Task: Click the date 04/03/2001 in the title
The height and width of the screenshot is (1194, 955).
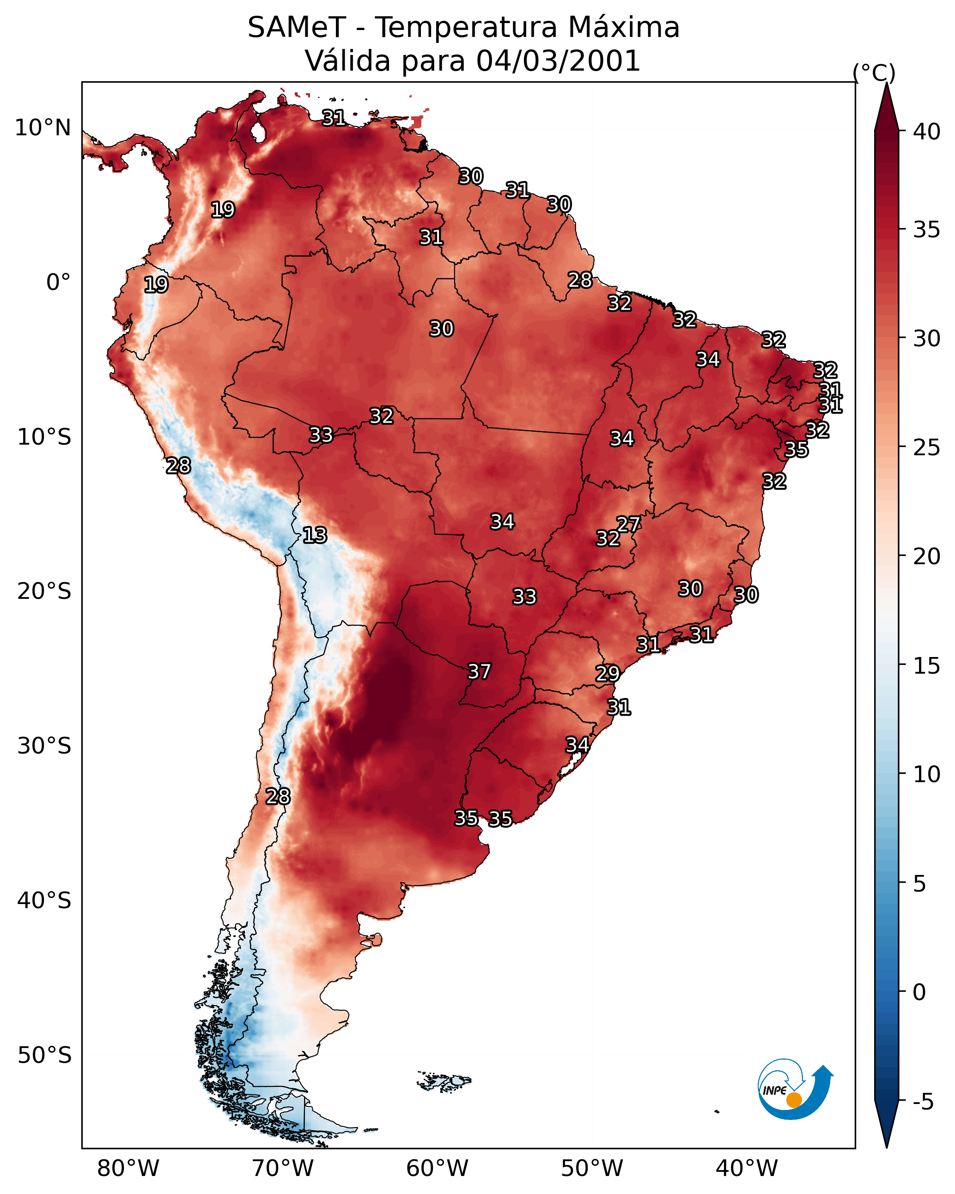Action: (x=558, y=61)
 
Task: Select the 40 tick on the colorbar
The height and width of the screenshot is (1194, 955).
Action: (x=927, y=131)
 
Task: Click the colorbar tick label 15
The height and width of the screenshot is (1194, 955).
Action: (x=927, y=666)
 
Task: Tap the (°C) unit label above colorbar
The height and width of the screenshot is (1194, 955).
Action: (x=874, y=72)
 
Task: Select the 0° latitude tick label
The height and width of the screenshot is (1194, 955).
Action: (x=59, y=283)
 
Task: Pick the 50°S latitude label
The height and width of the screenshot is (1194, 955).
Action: (x=44, y=1055)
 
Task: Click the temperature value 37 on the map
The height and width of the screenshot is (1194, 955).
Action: (x=480, y=672)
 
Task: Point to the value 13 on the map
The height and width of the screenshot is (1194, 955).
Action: (x=315, y=535)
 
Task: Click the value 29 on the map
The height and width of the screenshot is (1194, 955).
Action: (x=608, y=674)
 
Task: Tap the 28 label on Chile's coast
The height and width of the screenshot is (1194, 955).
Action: (x=278, y=796)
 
